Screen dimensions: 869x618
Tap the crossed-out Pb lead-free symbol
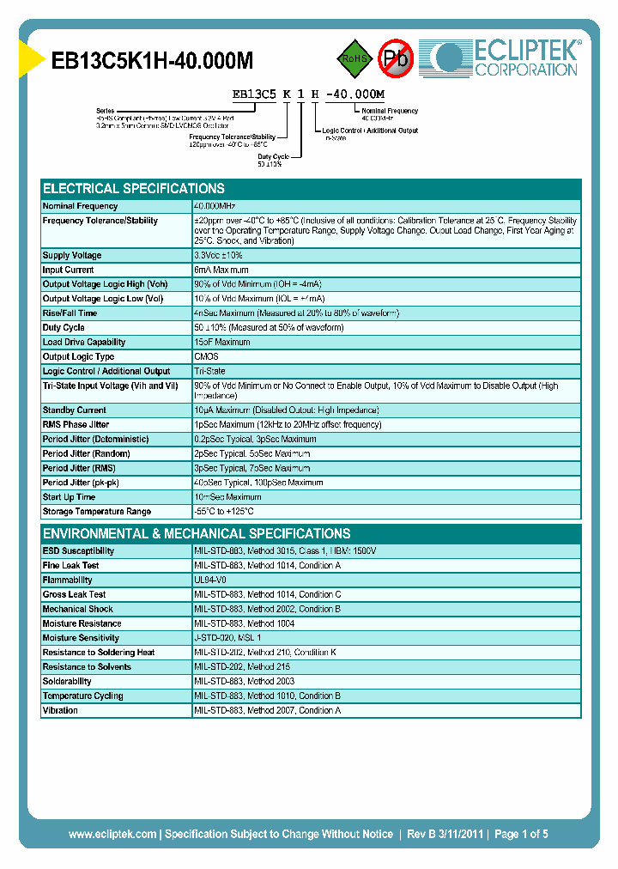point(396,58)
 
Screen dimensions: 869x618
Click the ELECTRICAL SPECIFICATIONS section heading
point(134,188)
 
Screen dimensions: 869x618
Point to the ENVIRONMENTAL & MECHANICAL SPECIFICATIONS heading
point(197,533)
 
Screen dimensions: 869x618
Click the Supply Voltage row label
point(72,256)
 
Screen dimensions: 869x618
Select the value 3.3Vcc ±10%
point(219,256)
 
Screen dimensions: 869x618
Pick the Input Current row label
point(69,270)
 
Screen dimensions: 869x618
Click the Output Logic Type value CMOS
point(206,357)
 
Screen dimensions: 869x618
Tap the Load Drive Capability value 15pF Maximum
point(222,343)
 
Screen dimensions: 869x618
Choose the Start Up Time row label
point(69,497)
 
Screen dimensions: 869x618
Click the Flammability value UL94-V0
point(211,580)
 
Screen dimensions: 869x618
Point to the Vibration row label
point(60,711)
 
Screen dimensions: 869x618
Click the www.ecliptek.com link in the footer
point(112,834)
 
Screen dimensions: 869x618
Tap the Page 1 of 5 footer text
point(521,834)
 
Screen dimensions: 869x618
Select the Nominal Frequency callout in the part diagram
point(390,111)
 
